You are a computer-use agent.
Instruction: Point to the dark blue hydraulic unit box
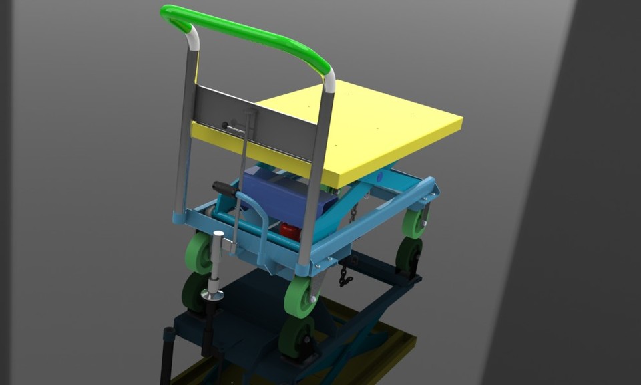click(280, 194)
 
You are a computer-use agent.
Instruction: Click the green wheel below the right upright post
click(300, 296)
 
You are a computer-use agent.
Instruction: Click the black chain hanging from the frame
click(345, 275)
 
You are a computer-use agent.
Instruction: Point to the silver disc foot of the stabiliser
click(213, 295)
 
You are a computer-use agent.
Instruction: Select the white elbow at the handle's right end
click(329, 79)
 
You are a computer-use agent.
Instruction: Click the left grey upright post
click(185, 134)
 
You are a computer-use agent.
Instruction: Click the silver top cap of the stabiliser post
click(218, 234)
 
